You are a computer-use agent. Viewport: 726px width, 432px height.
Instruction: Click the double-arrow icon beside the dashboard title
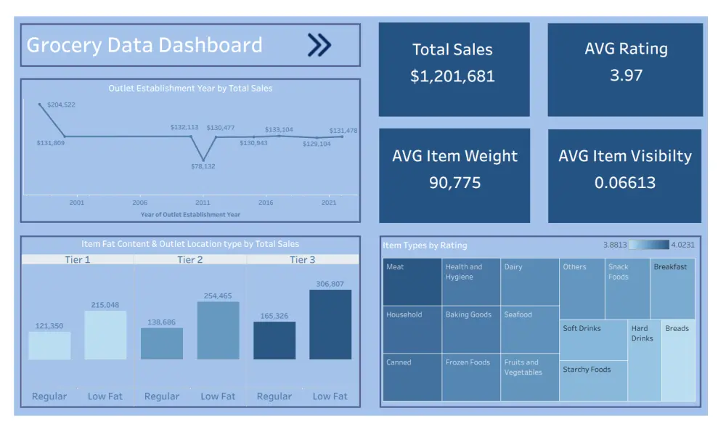(319, 45)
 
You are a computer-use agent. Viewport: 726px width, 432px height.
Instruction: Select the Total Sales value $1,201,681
(452, 76)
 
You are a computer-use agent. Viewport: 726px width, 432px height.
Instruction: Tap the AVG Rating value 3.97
(626, 75)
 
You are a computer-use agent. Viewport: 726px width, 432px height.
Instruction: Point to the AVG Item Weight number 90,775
(454, 182)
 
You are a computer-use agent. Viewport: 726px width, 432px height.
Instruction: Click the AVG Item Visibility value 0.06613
(624, 182)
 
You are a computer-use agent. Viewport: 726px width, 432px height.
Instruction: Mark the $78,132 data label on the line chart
(203, 166)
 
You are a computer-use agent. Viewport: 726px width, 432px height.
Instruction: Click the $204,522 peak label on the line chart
(61, 105)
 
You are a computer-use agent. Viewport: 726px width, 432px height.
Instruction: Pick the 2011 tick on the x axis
(203, 203)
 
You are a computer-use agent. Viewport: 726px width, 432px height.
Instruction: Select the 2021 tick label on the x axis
(330, 203)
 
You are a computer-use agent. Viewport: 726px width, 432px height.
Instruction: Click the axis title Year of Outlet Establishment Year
(190, 214)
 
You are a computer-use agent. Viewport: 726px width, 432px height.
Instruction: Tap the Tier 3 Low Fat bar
(330, 325)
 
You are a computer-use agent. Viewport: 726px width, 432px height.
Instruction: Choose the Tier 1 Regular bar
(50, 346)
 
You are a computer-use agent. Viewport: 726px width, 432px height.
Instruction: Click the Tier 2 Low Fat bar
(218, 330)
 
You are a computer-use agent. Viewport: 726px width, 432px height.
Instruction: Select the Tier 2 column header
(190, 260)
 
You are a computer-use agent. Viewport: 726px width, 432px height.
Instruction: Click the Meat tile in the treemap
(412, 282)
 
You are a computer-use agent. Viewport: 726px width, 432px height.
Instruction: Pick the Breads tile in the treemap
(678, 361)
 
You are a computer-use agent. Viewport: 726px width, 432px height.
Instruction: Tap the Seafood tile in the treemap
(530, 330)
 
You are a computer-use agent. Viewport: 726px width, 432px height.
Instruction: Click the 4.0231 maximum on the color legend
(682, 245)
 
